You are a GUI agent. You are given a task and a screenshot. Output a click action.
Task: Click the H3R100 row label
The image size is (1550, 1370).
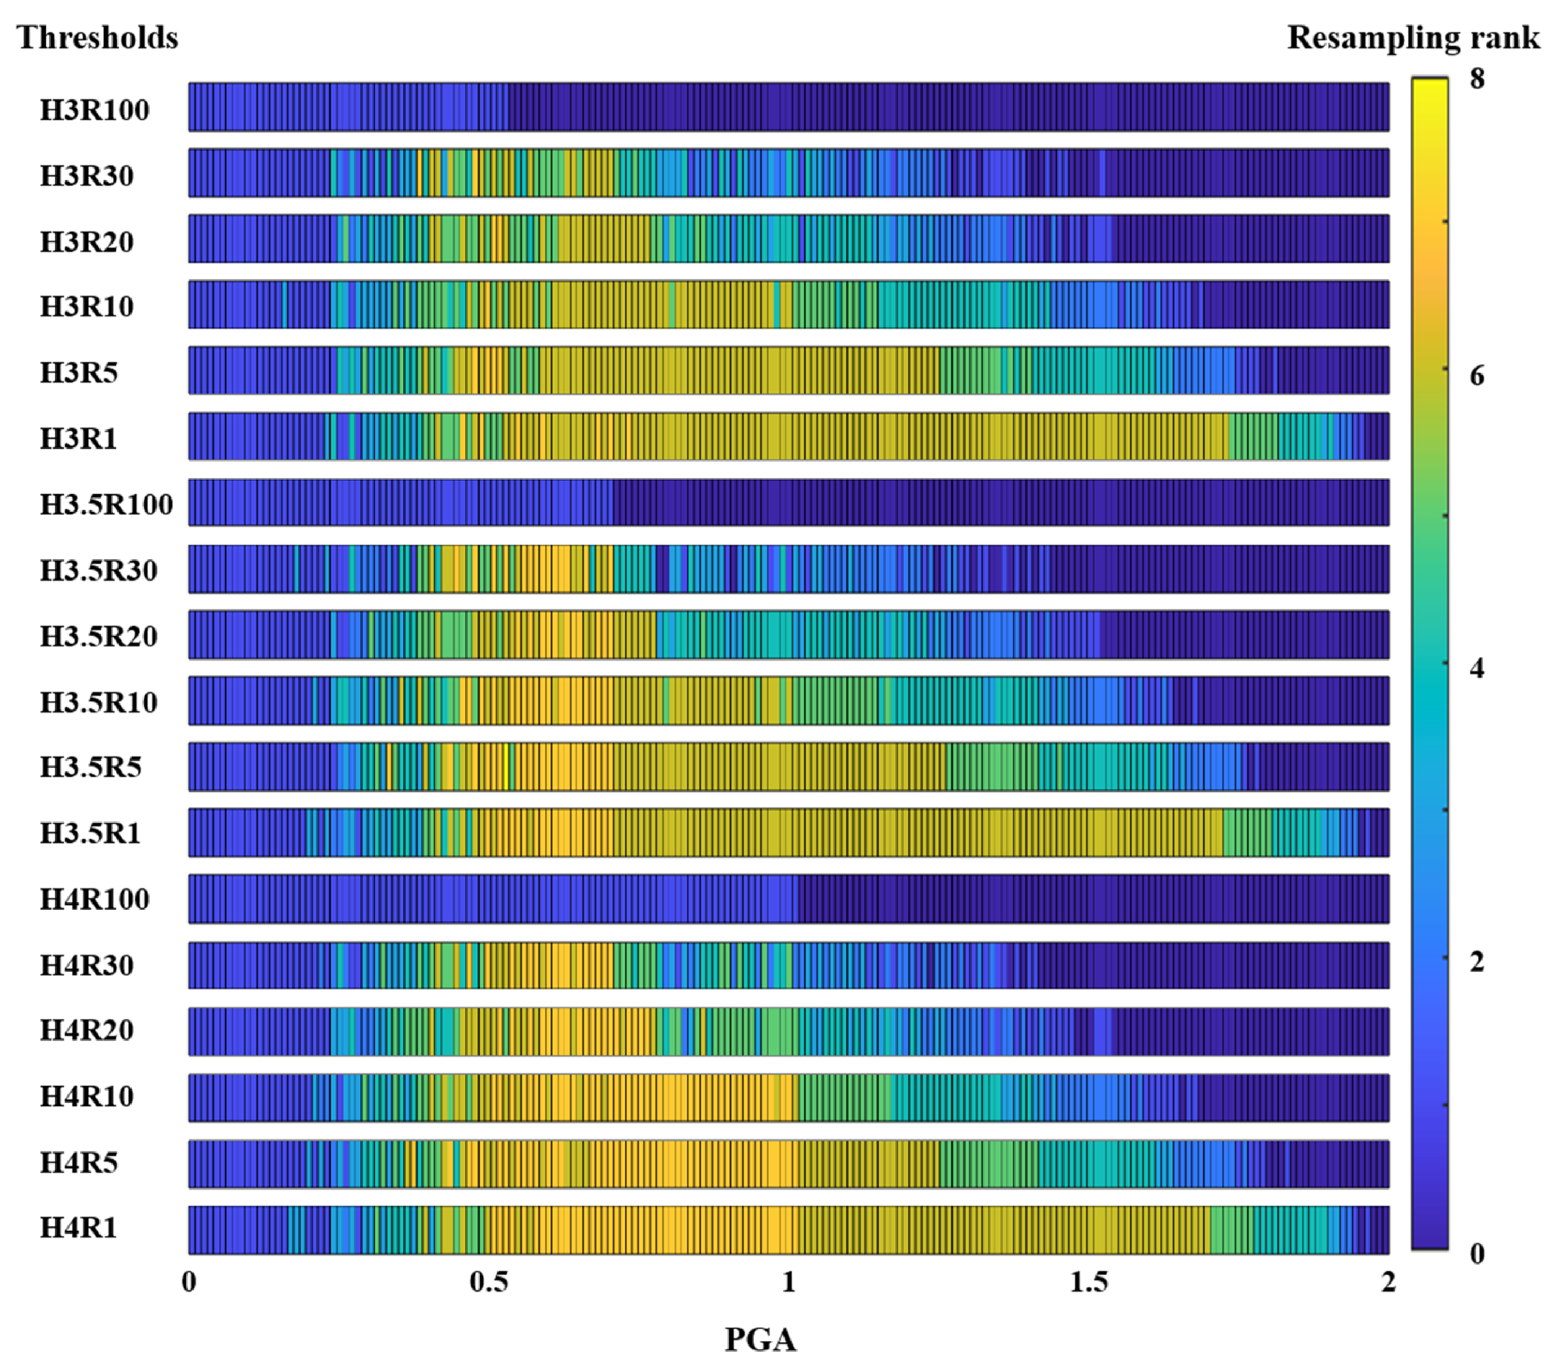(94, 110)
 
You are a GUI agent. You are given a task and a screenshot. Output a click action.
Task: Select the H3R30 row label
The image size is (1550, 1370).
(86, 176)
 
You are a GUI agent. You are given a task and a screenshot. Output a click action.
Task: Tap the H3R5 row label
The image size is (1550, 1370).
(79, 373)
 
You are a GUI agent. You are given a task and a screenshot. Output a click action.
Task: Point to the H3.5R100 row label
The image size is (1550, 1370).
(106, 504)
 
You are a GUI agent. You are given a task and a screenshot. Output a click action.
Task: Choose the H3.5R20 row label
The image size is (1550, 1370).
(98, 636)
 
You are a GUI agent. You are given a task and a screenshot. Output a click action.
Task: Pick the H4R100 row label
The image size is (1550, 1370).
(94, 899)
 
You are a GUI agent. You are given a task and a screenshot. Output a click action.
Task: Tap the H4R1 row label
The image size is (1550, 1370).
(79, 1228)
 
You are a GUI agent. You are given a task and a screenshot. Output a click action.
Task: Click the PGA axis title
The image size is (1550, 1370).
(760, 1340)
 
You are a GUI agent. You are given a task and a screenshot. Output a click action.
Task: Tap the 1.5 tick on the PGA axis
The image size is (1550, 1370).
(1088, 1281)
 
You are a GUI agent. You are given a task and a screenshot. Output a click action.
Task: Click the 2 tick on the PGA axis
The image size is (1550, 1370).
(1388, 1281)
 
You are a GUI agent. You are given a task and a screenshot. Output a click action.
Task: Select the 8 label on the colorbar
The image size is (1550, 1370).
(1477, 78)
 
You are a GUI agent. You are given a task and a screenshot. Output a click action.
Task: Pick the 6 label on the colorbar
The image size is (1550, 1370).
(1477, 375)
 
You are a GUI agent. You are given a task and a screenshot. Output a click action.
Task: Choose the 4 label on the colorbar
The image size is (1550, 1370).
(1477, 669)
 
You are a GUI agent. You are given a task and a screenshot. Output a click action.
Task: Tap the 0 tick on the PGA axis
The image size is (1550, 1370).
(189, 1281)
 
